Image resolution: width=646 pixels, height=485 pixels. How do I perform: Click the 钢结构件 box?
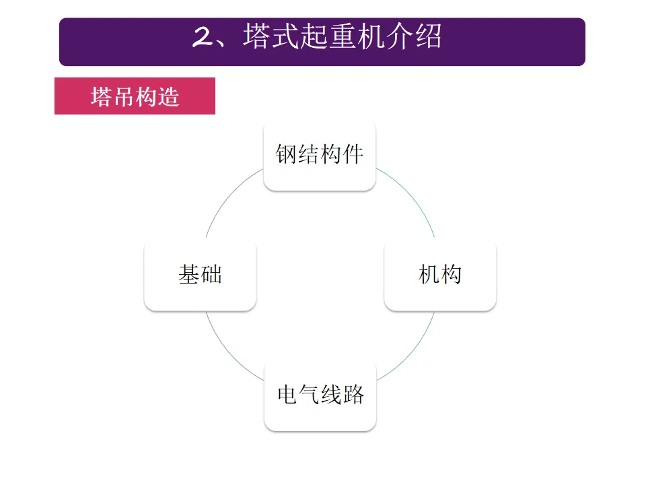(319, 155)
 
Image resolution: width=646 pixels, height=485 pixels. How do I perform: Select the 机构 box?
(440, 276)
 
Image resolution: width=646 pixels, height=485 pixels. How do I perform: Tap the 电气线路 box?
(320, 395)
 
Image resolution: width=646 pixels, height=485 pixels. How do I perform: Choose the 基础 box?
(200, 276)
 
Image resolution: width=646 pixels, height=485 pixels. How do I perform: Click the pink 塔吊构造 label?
(135, 96)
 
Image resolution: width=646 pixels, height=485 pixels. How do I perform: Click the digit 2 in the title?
(202, 38)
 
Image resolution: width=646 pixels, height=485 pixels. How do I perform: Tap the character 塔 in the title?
(260, 37)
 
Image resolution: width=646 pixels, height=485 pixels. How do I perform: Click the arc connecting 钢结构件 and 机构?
(411, 195)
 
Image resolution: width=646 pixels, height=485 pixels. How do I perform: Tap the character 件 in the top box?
(353, 155)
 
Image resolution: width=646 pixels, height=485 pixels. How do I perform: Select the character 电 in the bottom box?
(287, 395)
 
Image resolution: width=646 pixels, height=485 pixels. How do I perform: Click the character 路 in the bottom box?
(353, 395)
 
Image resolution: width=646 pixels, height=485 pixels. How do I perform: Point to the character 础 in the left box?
(211, 276)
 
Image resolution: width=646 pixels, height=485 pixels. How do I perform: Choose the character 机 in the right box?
(429, 276)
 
